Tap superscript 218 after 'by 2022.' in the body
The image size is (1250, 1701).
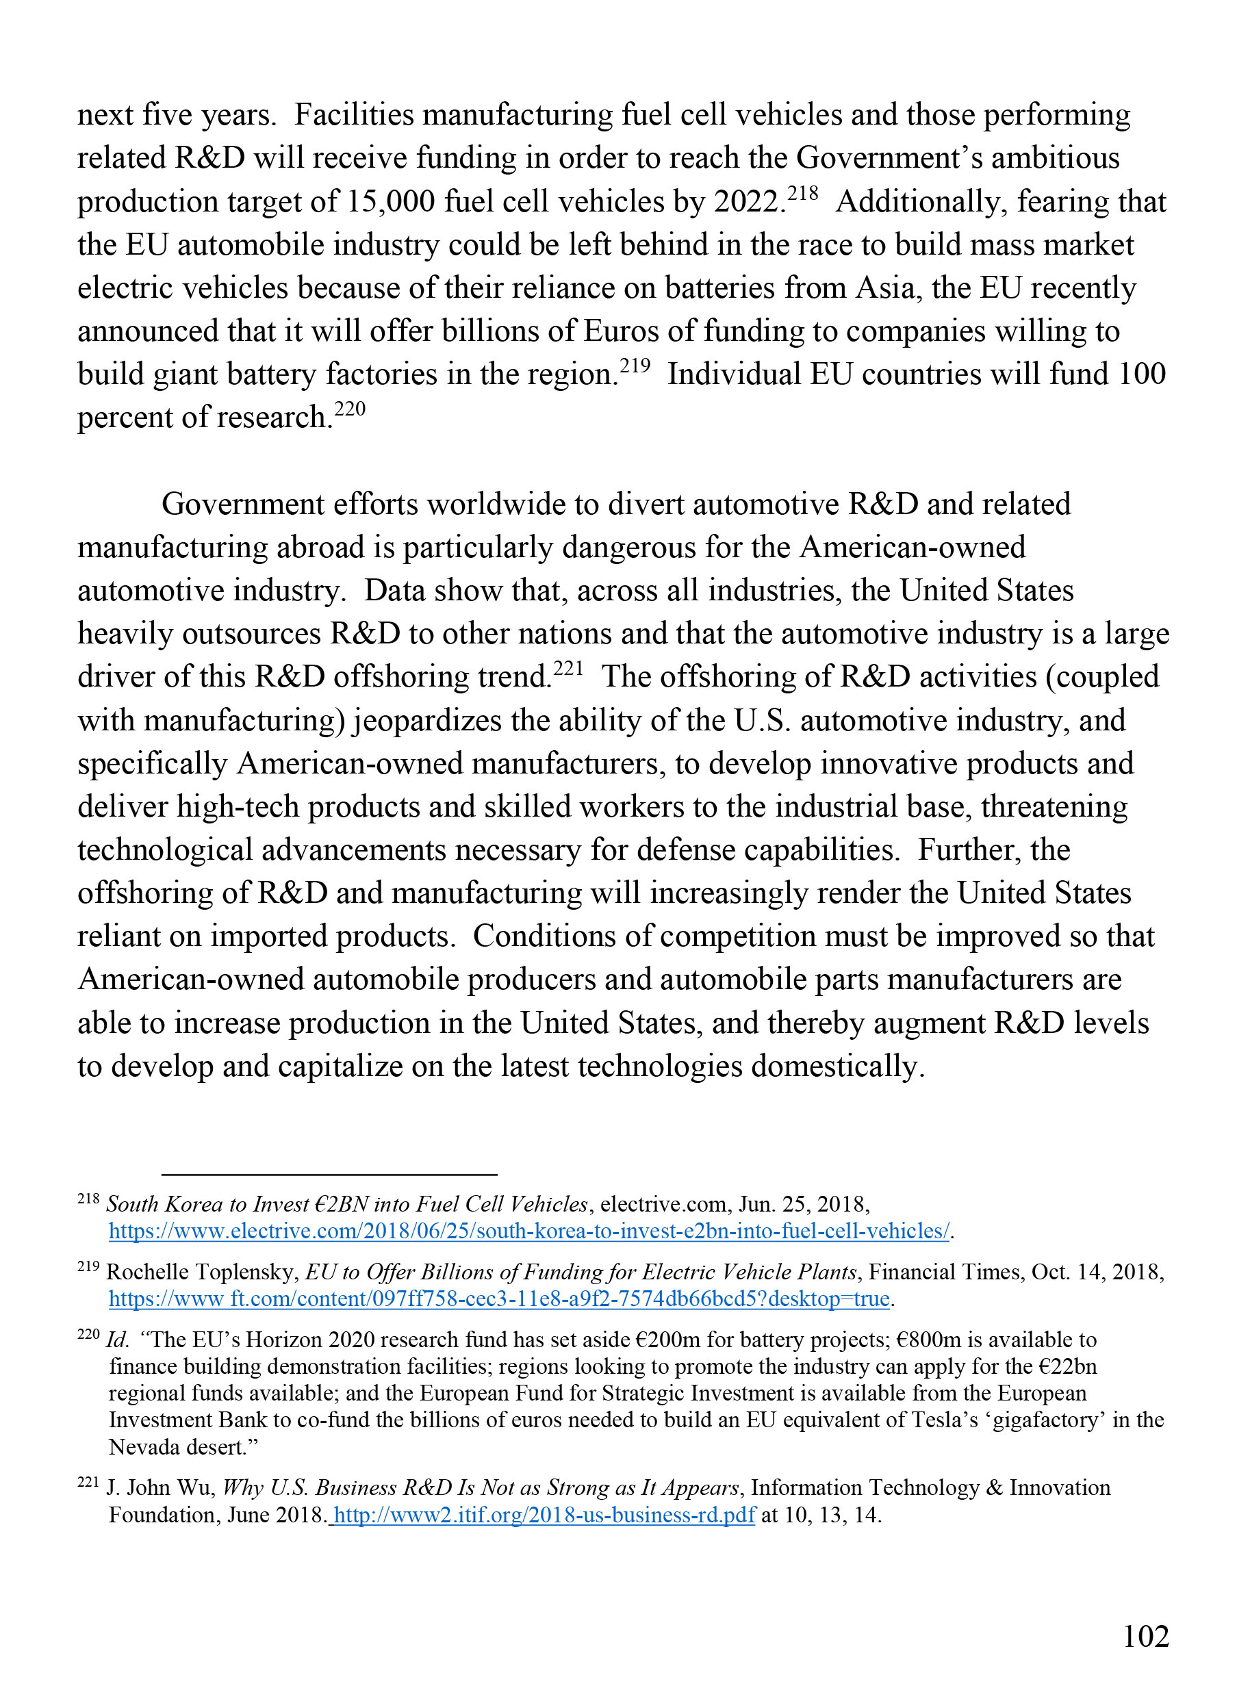pos(803,193)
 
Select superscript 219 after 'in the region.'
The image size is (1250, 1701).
pos(635,366)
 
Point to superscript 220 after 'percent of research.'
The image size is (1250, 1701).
pos(350,409)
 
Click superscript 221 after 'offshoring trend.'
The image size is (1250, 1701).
pos(568,668)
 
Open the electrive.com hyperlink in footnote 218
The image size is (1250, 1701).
pos(528,1231)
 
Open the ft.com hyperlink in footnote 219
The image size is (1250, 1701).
pos(500,1299)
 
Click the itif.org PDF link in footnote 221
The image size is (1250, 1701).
pos(544,1515)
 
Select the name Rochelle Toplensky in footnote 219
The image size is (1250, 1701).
pos(202,1272)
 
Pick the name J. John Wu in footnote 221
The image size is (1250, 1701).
pos(160,1488)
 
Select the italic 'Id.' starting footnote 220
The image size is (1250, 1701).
pos(117,1340)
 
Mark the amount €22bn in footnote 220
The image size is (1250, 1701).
pos(1068,1366)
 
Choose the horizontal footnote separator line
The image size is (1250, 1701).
pos(329,1175)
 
